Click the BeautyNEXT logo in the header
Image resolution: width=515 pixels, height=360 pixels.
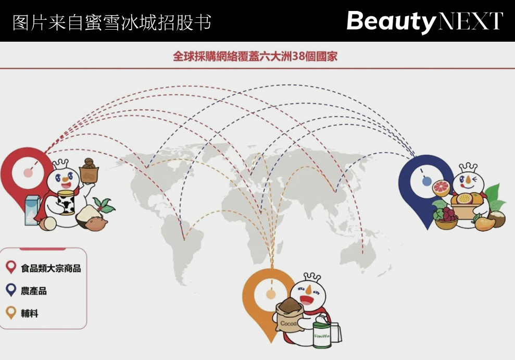[424, 21]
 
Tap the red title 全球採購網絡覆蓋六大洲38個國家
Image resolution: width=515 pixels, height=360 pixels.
[255, 56]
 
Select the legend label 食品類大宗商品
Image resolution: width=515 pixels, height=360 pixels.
[51, 269]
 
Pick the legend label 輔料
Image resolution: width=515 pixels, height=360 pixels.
[30, 314]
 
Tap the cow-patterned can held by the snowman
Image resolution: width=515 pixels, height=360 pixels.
[66, 202]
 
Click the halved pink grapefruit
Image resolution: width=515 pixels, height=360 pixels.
[443, 188]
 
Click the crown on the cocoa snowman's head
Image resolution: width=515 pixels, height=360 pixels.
[311, 276]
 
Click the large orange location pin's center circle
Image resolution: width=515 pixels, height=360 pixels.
[270, 294]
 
